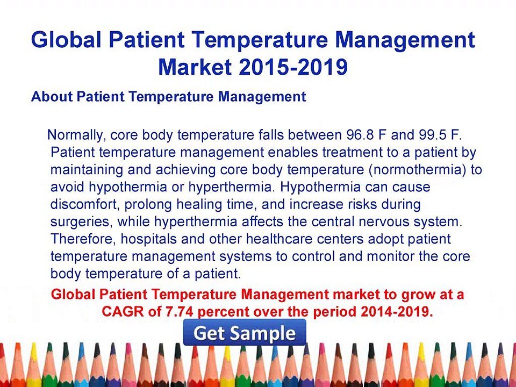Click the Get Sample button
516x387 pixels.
coord(245,333)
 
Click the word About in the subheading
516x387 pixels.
coord(52,97)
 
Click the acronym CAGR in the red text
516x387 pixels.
coord(119,312)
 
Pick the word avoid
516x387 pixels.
coord(67,188)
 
